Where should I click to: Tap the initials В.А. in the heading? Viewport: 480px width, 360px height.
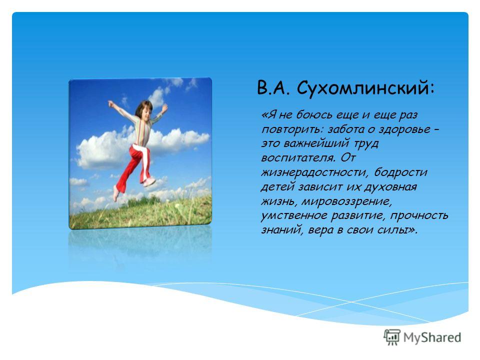[x=273, y=88]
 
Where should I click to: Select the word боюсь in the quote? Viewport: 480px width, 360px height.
[x=310, y=115]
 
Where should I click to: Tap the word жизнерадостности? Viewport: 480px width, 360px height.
[x=314, y=172]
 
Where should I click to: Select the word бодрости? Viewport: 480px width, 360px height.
[x=400, y=172]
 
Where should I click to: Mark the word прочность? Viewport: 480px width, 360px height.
[x=419, y=216]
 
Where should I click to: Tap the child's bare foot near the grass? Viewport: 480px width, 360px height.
[x=115, y=193]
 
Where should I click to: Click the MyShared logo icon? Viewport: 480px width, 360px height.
[x=392, y=337]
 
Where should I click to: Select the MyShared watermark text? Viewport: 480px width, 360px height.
[x=432, y=337]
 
